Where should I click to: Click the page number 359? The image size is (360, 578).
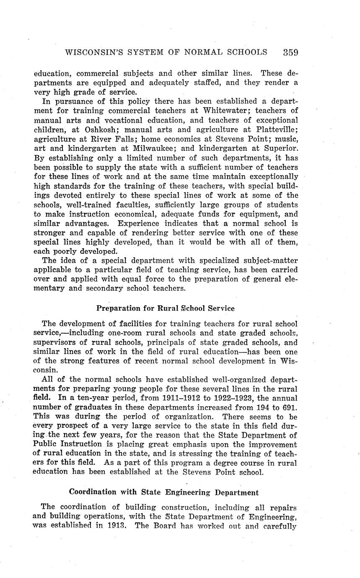tap(290, 52)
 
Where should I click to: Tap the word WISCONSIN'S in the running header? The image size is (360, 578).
tap(93, 52)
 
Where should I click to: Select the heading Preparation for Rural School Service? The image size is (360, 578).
tap(166, 308)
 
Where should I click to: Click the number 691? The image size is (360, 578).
tap(287, 407)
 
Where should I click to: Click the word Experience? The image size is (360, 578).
tap(140, 224)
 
